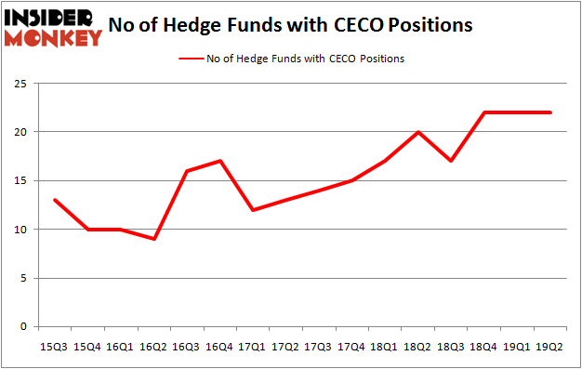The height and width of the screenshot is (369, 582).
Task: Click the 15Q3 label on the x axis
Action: click(54, 346)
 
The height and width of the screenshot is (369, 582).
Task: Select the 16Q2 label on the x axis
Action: click(153, 346)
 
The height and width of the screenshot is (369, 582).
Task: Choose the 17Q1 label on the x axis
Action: click(253, 346)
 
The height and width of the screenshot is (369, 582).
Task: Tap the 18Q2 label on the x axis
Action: click(418, 346)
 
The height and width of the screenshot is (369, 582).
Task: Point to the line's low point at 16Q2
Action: click(153, 239)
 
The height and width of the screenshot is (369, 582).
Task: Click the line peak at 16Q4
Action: click(219, 162)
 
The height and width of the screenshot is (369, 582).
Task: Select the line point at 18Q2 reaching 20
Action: click(418, 132)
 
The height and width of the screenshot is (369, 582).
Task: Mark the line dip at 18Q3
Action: click(452, 162)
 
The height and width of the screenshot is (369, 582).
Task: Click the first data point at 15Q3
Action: click(54, 200)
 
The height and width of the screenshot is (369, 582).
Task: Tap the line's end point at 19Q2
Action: click(550, 112)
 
